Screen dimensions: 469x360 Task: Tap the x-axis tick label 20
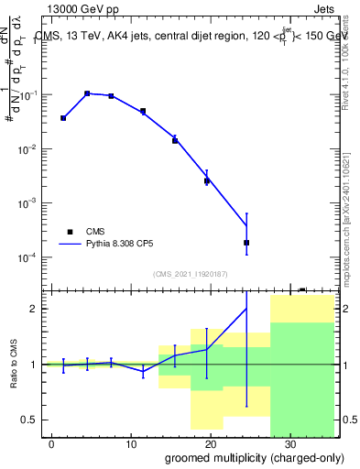211,443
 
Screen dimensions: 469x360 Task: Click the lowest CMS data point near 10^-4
246,243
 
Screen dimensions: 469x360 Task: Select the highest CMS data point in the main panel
87,93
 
